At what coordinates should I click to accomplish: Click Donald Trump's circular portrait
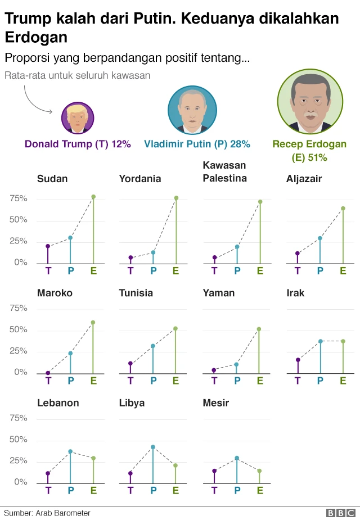pyautogui.click(x=78, y=118)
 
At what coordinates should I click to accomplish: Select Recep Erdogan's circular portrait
pyautogui.click(x=309, y=101)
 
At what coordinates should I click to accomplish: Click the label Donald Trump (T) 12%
pyautogui.click(x=78, y=144)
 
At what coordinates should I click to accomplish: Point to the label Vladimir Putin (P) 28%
pyautogui.click(x=197, y=144)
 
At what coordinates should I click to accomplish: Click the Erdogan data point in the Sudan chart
pyautogui.click(x=93, y=197)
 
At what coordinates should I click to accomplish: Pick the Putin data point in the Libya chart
pyautogui.click(x=153, y=447)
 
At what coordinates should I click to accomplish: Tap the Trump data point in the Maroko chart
pyautogui.click(x=48, y=373)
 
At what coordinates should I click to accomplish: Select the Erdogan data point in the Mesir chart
pyautogui.click(x=259, y=471)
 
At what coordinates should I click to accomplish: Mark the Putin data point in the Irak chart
pyautogui.click(x=320, y=341)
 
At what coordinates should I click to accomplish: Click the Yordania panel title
pyautogui.click(x=140, y=179)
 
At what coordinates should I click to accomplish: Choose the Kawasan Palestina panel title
pyautogui.click(x=224, y=172)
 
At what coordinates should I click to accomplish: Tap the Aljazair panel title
pyautogui.click(x=304, y=179)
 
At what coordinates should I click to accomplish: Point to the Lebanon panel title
pyautogui.click(x=58, y=403)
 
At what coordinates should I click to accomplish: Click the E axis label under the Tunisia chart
pyautogui.click(x=175, y=381)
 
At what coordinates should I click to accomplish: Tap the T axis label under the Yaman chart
pyautogui.click(x=214, y=381)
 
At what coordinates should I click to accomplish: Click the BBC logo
pyautogui.click(x=341, y=513)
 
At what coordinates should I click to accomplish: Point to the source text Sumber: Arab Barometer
pyautogui.click(x=47, y=513)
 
